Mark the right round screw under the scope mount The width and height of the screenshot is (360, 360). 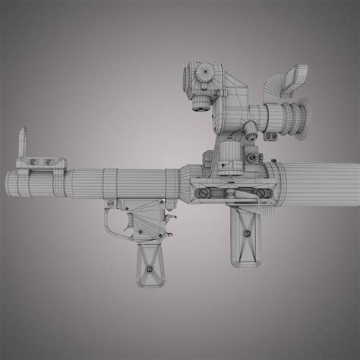pos(269,195)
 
